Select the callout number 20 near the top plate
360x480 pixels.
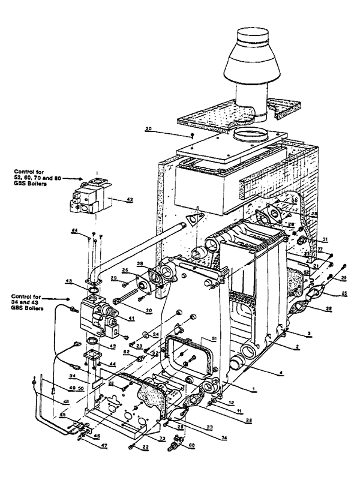(148, 128)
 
